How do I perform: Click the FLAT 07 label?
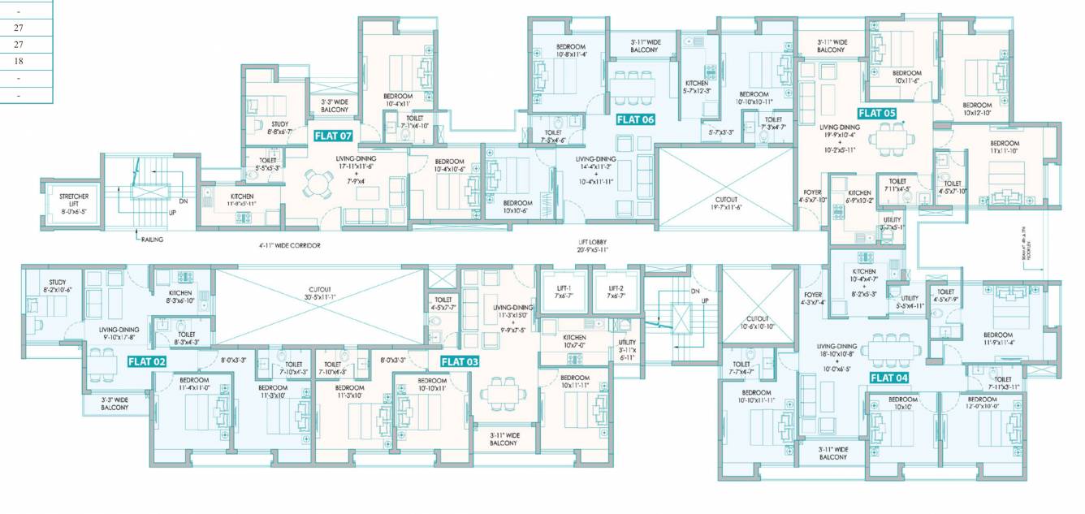click(334, 136)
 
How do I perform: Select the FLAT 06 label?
click(635, 119)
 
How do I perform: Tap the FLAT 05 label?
click(877, 113)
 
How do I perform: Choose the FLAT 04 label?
click(889, 378)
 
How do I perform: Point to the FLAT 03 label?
click(460, 361)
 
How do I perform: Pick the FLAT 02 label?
click(147, 361)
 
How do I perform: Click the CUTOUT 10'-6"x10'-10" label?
click(757, 322)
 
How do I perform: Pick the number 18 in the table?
click(19, 61)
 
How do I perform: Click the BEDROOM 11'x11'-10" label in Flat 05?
click(1004, 148)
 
